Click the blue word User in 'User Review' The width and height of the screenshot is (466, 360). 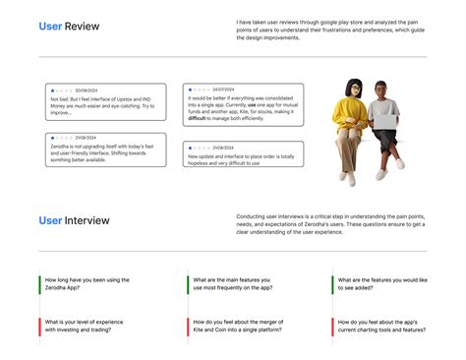point(50,27)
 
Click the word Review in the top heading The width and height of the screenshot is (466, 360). point(81,27)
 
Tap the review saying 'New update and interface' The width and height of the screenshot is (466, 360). point(243,154)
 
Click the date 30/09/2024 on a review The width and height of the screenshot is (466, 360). point(86,90)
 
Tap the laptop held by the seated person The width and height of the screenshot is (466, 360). point(385,118)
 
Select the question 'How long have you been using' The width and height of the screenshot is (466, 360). point(87,284)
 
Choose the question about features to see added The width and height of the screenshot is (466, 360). point(382,284)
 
